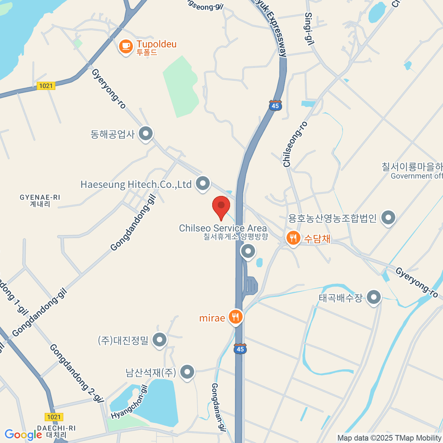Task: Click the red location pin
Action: (x=221, y=206)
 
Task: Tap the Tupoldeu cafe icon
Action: (x=126, y=47)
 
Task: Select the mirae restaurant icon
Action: (x=236, y=317)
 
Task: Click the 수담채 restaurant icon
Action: (x=293, y=238)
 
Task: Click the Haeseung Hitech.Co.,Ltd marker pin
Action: (x=203, y=183)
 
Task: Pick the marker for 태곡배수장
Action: (x=374, y=297)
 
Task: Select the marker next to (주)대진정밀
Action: (x=160, y=340)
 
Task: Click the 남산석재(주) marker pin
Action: (x=187, y=372)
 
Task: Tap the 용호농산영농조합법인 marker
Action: (x=388, y=217)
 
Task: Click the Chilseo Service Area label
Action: (x=223, y=229)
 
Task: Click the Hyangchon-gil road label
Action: (x=130, y=402)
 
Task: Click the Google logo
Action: (x=23, y=435)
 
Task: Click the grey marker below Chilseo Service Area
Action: (x=248, y=252)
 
